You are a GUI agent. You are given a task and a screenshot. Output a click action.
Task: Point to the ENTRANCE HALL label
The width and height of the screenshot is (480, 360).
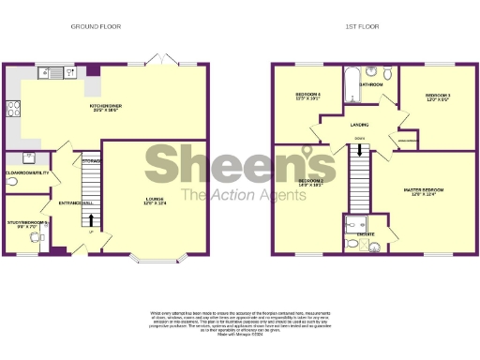(75, 203)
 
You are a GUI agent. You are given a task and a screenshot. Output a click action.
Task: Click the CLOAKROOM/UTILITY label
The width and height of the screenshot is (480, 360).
(26, 173)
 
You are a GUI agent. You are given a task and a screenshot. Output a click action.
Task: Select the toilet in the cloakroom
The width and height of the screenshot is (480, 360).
(9, 159)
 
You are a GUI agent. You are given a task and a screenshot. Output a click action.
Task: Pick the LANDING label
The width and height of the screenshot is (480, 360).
(358, 123)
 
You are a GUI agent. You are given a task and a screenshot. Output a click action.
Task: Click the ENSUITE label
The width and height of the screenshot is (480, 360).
(367, 233)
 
